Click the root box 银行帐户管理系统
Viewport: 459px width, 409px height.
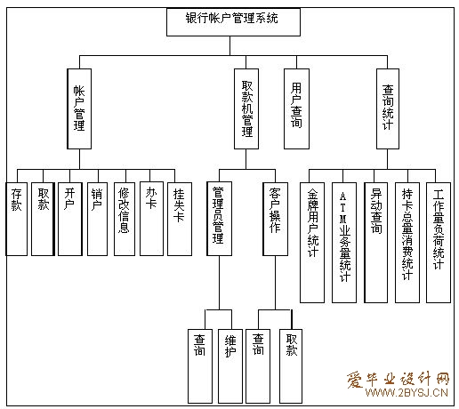[233, 22]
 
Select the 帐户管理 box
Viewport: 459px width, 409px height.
[79, 108]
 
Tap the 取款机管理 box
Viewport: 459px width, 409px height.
[246, 108]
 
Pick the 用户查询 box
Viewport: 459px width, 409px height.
[296, 108]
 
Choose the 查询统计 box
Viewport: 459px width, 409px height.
[388, 108]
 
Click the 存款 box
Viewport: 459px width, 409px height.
[17, 219]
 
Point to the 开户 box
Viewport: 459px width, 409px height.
[70, 219]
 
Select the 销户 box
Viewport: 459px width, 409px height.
[97, 219]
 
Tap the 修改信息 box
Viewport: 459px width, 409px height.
[125, 219]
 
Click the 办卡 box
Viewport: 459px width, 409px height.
[151, 219]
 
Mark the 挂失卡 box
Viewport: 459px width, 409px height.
[180, 219]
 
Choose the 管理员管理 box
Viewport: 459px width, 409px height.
[219, 219]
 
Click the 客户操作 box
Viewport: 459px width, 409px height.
[275, 219]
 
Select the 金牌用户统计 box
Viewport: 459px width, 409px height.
[312, 243]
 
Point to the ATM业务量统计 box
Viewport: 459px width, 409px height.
[344, 243]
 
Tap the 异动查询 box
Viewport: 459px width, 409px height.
[375, 243]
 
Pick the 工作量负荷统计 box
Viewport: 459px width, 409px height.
[439, 243]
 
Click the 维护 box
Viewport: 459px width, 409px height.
[230, 366]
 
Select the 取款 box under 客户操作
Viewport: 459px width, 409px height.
[291, 366]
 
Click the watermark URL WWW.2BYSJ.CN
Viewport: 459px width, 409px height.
[407, 393]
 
